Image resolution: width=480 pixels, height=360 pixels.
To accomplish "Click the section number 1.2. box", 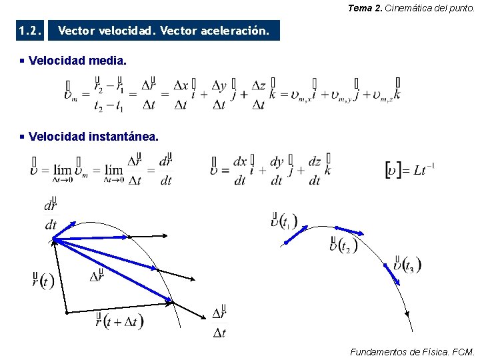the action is (x=31, y=31).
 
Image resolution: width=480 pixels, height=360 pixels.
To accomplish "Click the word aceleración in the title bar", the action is (x=235, y=31).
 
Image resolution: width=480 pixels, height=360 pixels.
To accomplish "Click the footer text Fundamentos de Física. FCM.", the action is (x=412, y=351).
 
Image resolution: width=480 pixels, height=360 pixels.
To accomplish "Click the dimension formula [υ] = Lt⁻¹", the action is (x=410, y=169).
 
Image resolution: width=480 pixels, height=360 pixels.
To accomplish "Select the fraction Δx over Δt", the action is (x=180, y=95).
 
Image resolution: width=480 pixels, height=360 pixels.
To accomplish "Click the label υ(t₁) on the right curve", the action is (x=284, y=221).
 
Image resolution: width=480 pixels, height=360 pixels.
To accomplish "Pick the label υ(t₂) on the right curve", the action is (x=343, y=245).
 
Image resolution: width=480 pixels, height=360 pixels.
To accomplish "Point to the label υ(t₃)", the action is (x=407, y=264).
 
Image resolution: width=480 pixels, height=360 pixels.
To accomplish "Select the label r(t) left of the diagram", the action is (x=43, y=280).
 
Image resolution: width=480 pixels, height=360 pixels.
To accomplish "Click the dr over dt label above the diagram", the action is (x=51, y=215).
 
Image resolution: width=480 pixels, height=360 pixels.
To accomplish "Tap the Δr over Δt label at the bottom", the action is (x=219, y=323).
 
